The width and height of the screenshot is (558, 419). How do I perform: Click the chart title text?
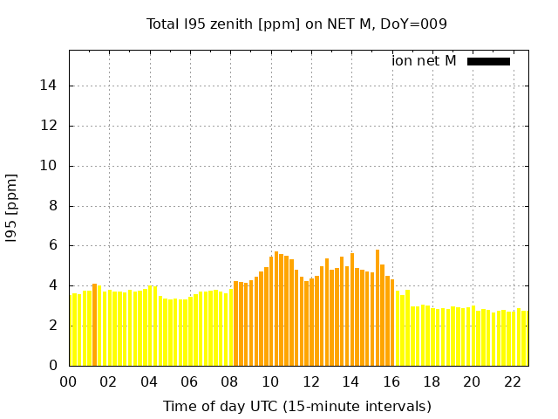[296, 24]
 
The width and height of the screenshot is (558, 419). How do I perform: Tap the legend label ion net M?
[424, 60]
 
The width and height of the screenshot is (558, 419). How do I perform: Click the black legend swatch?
[488, 61]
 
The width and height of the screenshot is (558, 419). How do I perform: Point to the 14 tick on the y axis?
[51, 86]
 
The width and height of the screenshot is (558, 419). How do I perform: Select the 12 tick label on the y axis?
[51, 126]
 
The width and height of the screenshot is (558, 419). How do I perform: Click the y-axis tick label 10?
[51, 166]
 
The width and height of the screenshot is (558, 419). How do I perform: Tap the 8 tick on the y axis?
[55, 206]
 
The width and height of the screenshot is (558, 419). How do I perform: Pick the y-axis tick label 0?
[55, 366]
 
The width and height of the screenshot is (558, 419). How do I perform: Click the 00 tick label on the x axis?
[69, 381]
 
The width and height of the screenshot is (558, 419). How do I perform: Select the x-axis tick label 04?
[149, 381]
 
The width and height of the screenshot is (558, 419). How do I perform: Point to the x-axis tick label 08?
[230, 381]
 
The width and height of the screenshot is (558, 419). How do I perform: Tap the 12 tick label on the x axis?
[310, 381]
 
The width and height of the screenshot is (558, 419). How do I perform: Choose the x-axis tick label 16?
[391, 381]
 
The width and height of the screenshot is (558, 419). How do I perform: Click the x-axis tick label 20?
[472, 381]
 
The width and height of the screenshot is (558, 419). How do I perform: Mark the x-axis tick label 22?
[513, 381]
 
